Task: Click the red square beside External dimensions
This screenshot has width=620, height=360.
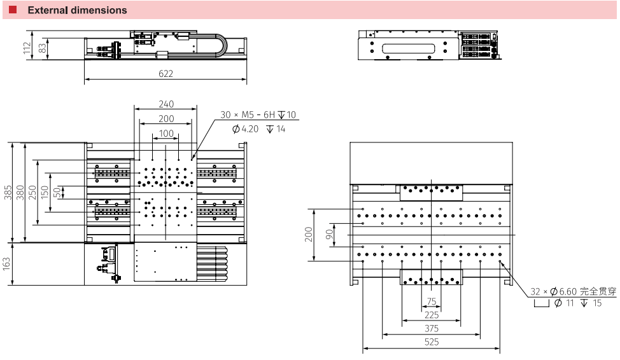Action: [13, 10]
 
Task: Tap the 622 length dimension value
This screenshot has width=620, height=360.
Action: [166, 74]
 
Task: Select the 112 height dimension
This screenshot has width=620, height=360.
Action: [27, 48]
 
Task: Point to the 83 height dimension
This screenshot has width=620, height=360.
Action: [42, 48]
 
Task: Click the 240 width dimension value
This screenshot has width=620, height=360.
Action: [166, 104]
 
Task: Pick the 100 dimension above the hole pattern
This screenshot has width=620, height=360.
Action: [166, 134]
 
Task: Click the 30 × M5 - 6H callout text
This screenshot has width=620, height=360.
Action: [248, 114]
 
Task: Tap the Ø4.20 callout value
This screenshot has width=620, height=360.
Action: [246, 129]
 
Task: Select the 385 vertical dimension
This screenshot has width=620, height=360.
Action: [8, 193]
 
